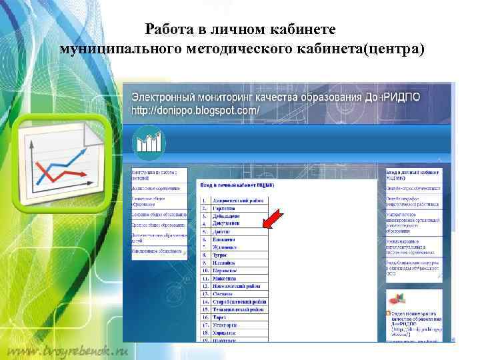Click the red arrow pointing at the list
click(x=273, y=220)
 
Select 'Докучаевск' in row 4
click(x=227, y=224)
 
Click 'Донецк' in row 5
click(x=221, y=232)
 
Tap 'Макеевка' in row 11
click(x=225, y=278)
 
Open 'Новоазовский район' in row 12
click(x=237, y=286)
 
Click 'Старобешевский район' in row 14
click(x=239, y=301)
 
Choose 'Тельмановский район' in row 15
click(x=239, y=309)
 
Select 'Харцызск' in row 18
click(x=225, y=332)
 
